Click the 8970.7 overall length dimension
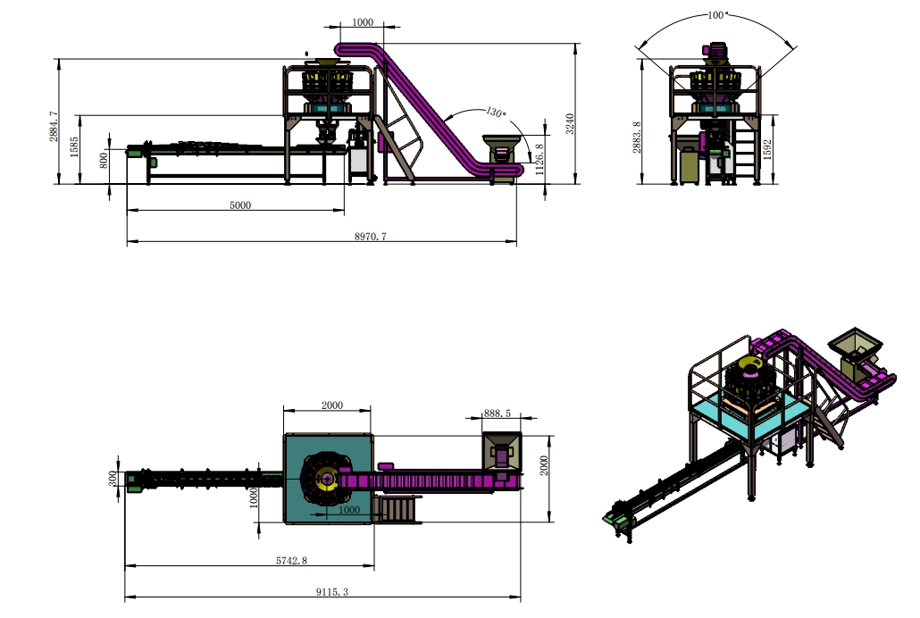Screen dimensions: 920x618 point(370,237)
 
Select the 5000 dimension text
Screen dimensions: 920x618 point(240,205)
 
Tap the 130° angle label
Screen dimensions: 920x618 point(496,113)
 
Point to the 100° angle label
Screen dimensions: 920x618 point(717,15)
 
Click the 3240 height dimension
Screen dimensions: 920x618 point(570,124)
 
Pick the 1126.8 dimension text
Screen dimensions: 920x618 point(539,159)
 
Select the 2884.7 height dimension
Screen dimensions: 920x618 point(54,126)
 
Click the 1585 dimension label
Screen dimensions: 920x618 point(74,146)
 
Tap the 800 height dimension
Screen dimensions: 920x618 point(104,160)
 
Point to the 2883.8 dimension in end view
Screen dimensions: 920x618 point(637,138)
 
